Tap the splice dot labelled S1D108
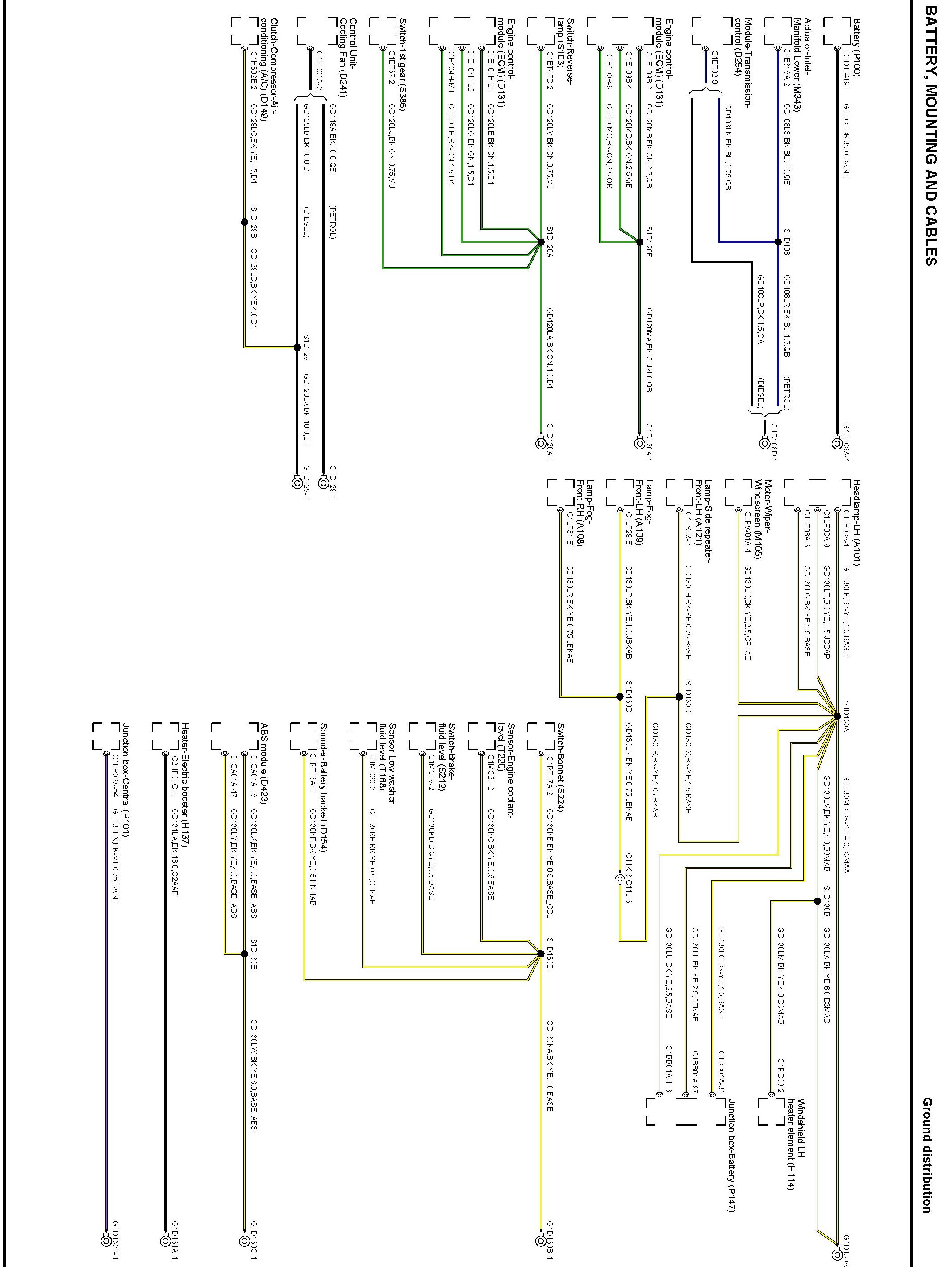tap(777, 242)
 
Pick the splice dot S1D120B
tap(639, 242)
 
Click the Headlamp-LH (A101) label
tap(856, 525)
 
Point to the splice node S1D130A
tap(837, 716)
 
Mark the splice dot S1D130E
tap(244, 954)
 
